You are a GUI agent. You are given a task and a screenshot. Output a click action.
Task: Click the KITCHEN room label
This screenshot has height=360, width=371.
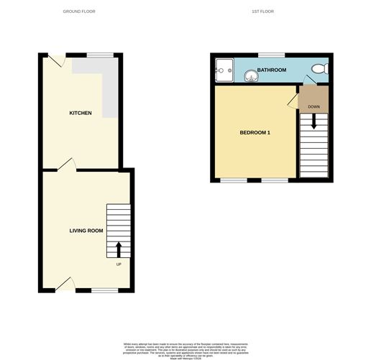coord(80,113)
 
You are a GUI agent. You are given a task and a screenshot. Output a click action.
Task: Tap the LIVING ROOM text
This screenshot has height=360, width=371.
coord(86,231)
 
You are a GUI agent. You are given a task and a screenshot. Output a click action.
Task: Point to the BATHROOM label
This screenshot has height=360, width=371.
coord(272,70)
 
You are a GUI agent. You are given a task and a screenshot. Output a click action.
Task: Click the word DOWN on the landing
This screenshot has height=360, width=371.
coord(313,107)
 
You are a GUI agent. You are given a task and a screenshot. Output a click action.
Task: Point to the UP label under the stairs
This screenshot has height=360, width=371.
coord(119,264)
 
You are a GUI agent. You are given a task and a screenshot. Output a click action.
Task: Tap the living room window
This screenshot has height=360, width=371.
coord(105,290)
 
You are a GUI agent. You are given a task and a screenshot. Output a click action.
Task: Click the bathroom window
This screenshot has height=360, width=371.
coord(271,55)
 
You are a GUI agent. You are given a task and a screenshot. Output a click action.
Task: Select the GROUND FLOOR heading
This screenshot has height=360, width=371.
coord(79,11)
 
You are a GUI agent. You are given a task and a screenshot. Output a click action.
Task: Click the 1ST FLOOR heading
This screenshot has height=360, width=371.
coord(262,11)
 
